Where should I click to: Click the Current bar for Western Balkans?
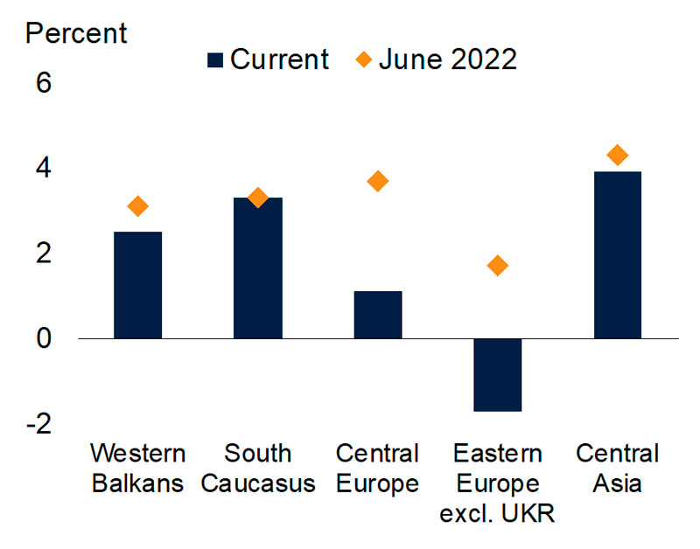(x=138, y=285)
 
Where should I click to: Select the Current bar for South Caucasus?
(x=258, y=268)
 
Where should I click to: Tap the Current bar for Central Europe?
(x=378, y=315)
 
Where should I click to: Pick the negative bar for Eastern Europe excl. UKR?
(x=498, y=375)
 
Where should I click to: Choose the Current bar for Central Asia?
(x=618, y=255)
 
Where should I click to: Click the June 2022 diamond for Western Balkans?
(x=138, y=206)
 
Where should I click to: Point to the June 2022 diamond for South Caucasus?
(x=258, y=198)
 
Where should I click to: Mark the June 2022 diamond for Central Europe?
(x=378, y=181)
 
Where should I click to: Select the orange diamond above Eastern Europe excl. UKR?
(x=498, y=266)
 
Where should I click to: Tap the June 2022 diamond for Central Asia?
(x=618, y=155)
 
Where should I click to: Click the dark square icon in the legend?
(x=215, y=59)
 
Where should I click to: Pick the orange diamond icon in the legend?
(x=364, y=59)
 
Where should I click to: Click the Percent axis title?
(x=76, y=33)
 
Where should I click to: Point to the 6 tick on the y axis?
(x=44, y=83)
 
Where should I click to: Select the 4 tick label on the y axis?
(x=44, y=168)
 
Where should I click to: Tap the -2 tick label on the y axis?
(x=39, y=424)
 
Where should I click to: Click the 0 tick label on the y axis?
(x=44, y=338)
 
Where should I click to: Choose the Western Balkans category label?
(x=138, y=468)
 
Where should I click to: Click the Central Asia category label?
(x=618, y=468)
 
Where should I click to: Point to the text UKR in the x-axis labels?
(x=528, y=513)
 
